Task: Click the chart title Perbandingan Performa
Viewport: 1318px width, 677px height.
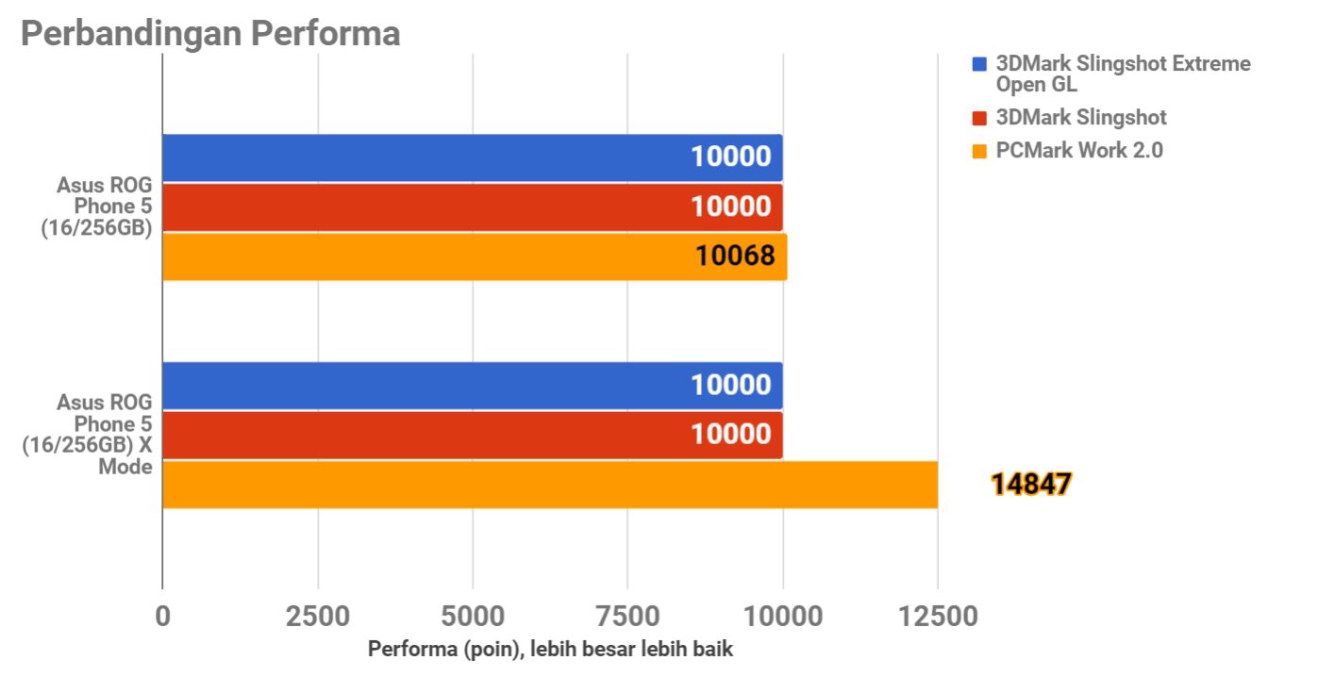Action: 210,34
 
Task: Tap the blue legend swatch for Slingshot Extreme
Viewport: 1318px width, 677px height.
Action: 978,65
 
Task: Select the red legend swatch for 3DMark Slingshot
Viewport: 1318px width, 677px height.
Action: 978,119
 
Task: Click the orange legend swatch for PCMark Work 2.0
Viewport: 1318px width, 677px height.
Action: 978,151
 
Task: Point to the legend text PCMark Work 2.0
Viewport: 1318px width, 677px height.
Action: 1079,150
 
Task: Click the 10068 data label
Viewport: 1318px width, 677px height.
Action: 735,256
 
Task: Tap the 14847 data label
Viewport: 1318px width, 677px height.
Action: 1031,485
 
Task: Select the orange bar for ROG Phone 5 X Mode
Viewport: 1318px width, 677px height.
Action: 549,485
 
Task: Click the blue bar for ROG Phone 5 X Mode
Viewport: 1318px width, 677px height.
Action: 472,386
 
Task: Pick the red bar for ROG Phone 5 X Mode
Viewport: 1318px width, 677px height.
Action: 472,435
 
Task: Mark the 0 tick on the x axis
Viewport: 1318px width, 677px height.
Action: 163,617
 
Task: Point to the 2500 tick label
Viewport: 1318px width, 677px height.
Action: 317,617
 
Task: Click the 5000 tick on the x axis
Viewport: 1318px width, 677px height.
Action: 472,617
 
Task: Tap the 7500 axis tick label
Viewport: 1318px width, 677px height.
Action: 627,617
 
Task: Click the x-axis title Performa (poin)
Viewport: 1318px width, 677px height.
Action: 550,650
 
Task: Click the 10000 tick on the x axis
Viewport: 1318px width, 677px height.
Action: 782,617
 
